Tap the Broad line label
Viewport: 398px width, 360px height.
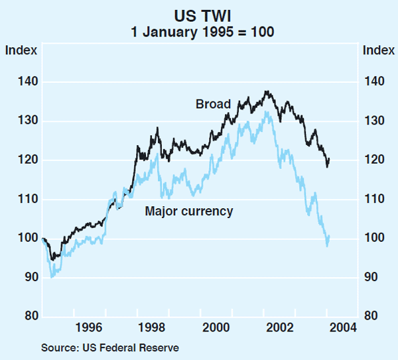pyautogui.click(x=213, y=104)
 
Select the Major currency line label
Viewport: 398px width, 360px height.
pyautogui.click(x=189, y=211)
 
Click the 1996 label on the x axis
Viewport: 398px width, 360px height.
pyautogui.click(x=89, y=327)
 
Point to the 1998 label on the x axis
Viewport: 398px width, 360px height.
pyautogui.click(x=153, y=327)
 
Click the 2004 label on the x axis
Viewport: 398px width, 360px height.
pyautogui.click(x=344, y=327)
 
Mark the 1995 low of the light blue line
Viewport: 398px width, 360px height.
pyautogui.click(x=52, y=276)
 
